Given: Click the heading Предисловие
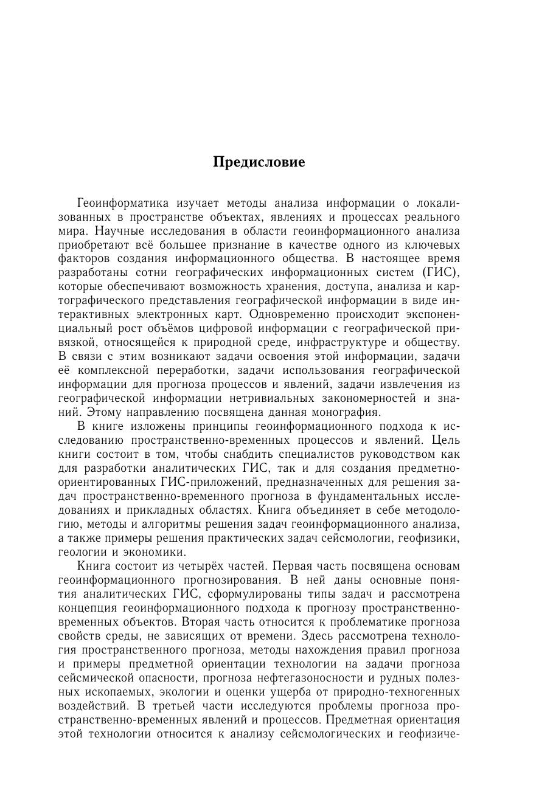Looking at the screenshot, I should [259, 163].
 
